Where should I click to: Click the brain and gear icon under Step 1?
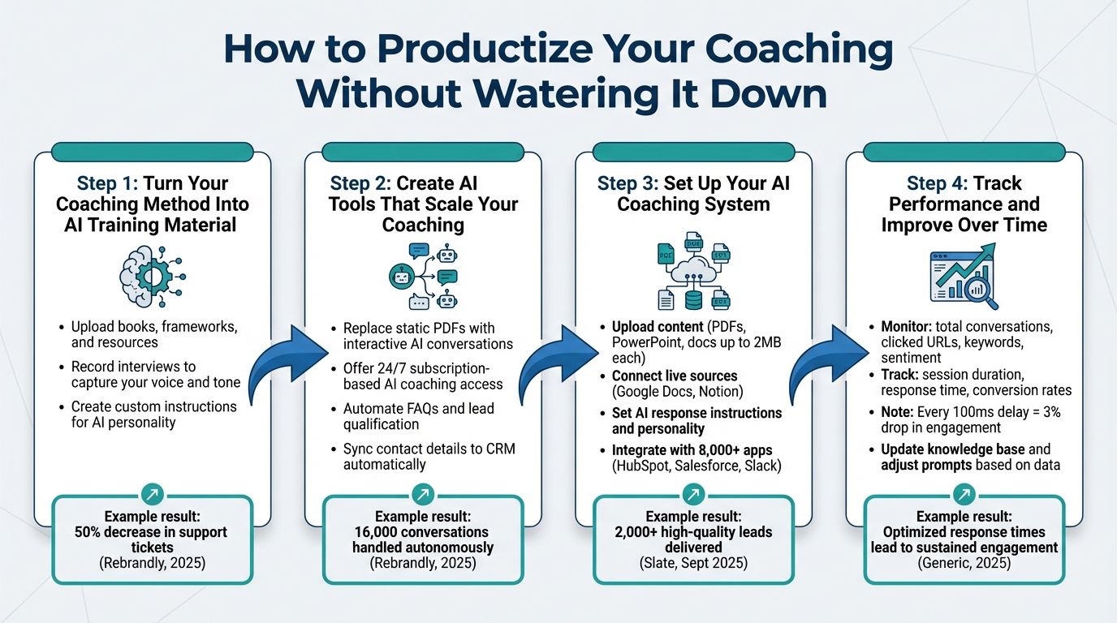click(x=152, y=277)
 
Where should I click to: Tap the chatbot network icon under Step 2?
click(x=422, y=277)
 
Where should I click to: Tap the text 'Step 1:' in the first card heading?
click(x=107, y=183)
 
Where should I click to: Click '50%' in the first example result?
click(x=90, y=532)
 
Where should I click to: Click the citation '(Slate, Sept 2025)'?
click(x=692, y=563)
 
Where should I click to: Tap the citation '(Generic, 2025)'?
click(x=964, y=563)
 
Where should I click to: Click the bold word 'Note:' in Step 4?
click(x=899, y=412)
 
